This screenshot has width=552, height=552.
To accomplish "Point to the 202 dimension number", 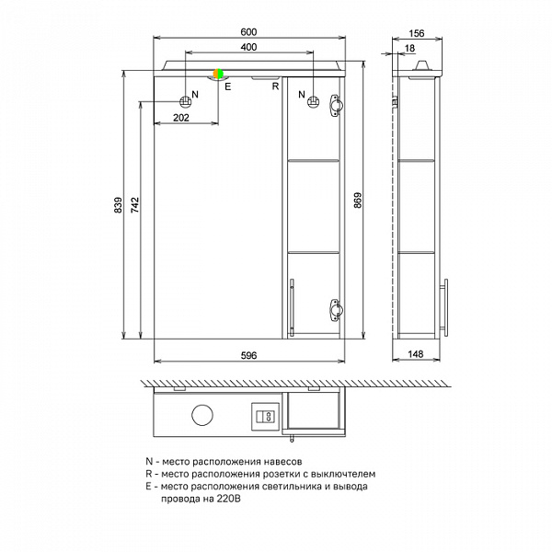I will [181, 118].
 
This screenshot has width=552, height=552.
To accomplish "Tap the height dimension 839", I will [117, 205].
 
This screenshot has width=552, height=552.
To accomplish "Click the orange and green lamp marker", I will [218, 74].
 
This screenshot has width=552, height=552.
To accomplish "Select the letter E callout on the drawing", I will [227, 86].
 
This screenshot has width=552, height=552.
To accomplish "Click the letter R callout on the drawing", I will [274, 86].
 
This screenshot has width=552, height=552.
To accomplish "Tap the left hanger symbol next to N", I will [185, 99].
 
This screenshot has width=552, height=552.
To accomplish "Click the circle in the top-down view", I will [202, 416].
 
